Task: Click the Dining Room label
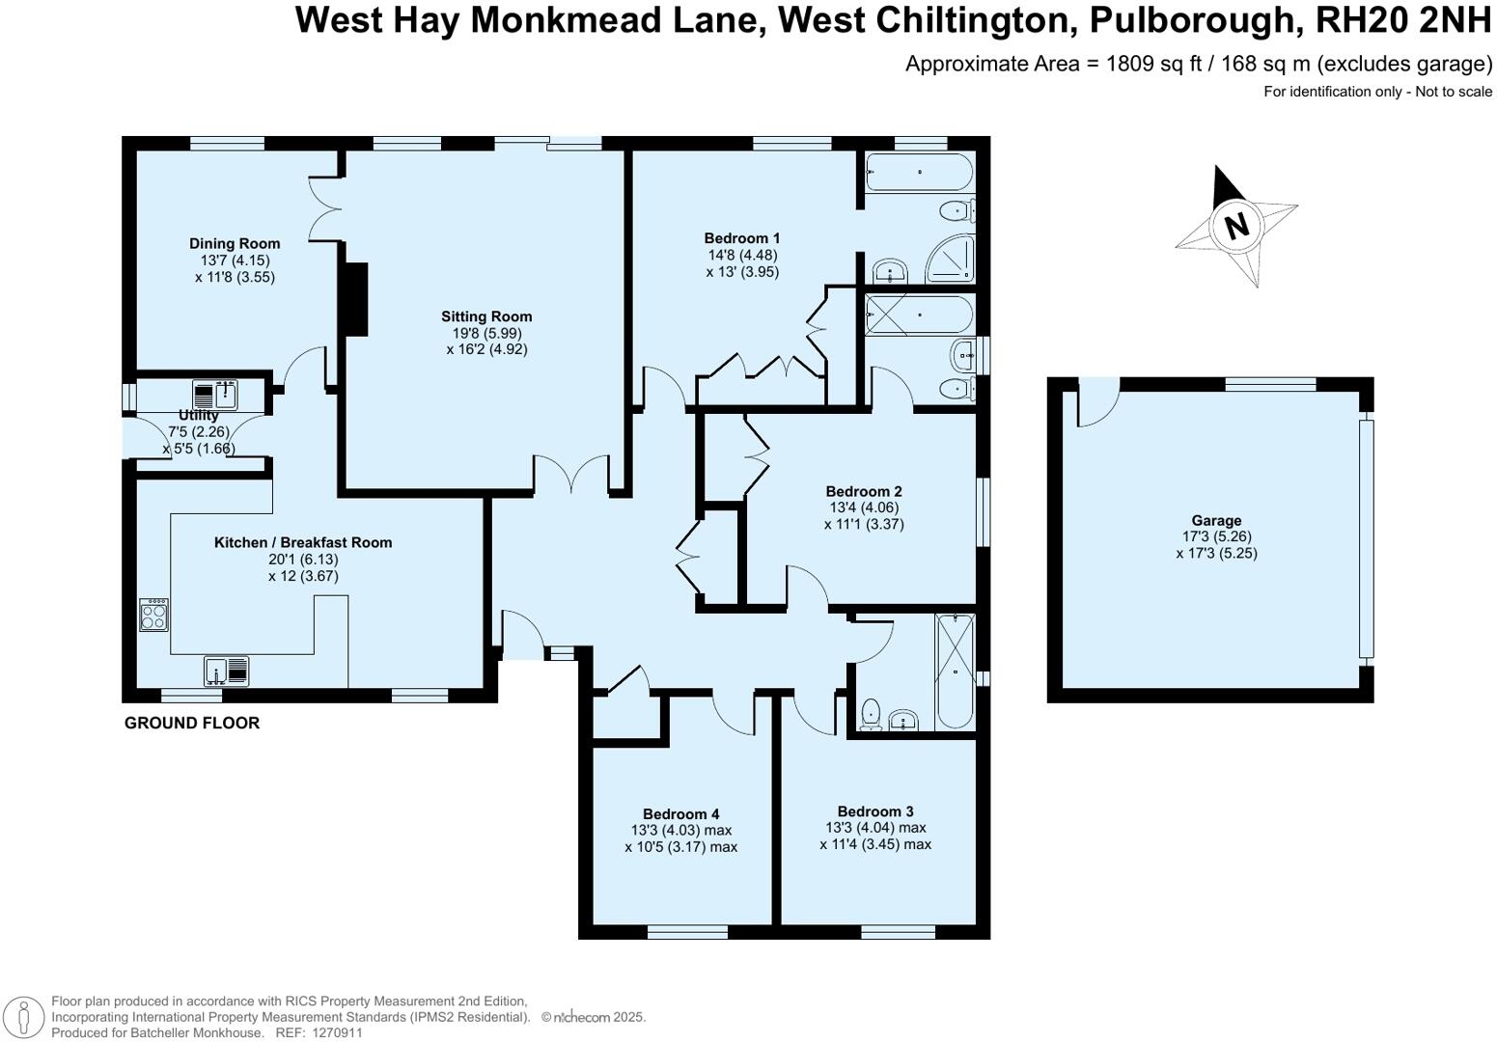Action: coord(235,244)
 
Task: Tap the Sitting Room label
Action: coord(486,316)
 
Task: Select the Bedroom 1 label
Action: coord(742,238)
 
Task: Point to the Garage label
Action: coord(1216,521)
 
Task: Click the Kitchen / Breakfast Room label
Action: coord(303,542)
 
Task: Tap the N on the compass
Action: coord(1236,227)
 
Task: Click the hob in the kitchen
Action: coord(153,615)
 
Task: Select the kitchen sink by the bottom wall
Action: coord(226,671)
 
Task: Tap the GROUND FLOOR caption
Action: coord(192,723)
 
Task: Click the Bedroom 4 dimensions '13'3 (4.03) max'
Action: coord(681,831)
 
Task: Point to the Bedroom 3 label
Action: coord(875,811)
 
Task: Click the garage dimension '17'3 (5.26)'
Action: coord(1216,537)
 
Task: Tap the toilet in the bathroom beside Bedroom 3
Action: coord(871,714)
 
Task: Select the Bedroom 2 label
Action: coord(864,491)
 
